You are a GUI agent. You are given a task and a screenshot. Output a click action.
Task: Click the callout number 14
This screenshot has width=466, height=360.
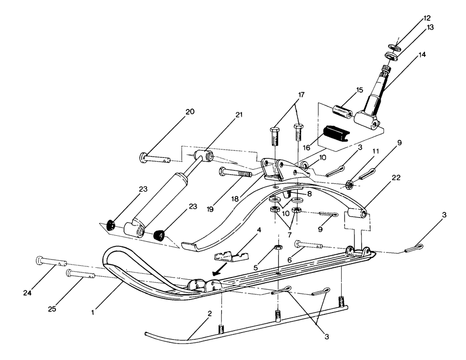422,55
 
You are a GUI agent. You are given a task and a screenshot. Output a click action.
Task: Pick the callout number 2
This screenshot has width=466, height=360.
210,314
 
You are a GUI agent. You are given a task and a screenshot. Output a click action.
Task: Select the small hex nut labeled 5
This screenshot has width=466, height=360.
277,247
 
